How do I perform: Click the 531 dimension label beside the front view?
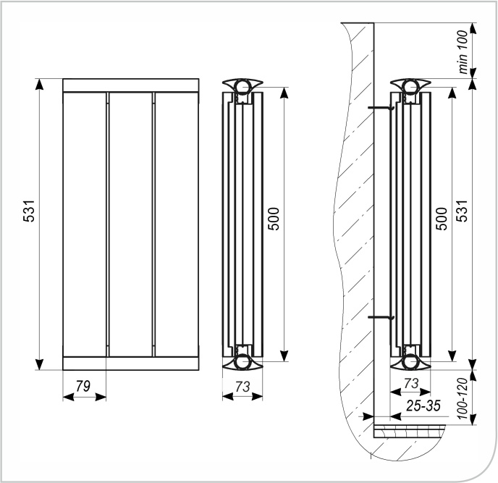pyautogui.click(x=28, y=211)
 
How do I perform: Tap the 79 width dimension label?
pyautogui.click(x=83, y=386)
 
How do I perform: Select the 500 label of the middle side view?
pyautogui.click(x=274, y=219)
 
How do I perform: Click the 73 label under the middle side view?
pyautogui.click(x=242, y=387)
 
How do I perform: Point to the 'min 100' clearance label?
pyautogui.click(x=463, y=52)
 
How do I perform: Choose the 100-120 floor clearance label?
pyautogui.click(x=464, y=398)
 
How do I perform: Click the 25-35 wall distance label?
pyautogui.click(x=423, y=406)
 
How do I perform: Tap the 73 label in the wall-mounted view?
pyautogui.click(x=411, y=384)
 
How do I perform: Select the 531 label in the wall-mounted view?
pyautogui.click(x=463, y=211)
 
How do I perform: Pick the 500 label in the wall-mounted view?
pyautogui.click(x=442, y=219)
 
